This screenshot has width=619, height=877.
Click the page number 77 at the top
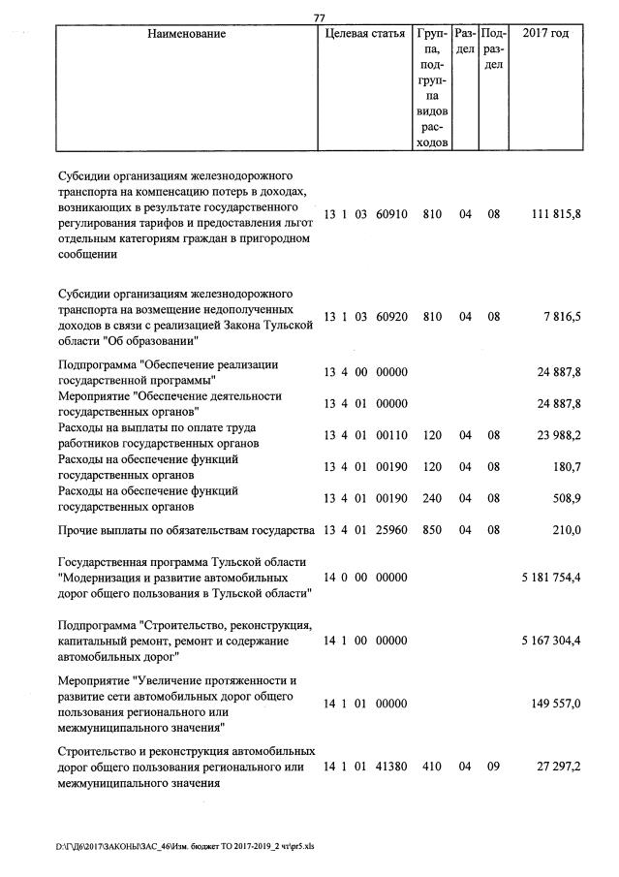click(x=321, y=16)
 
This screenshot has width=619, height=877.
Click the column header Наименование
click(x=187, y=34)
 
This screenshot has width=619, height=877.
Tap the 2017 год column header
click(x=545, y=34)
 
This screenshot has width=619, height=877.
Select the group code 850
click(x=432, y=530)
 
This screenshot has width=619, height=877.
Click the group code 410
click(x=432, y=767)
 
